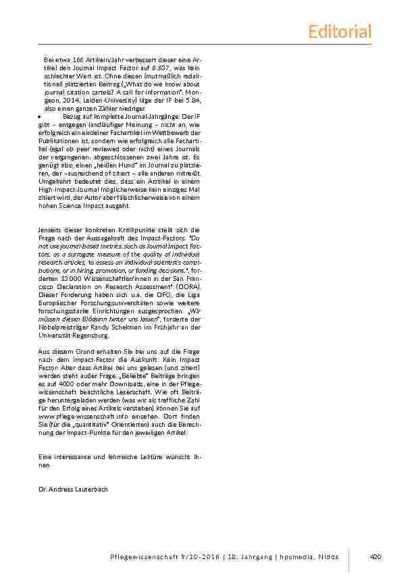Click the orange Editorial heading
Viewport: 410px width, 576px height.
(339, 31)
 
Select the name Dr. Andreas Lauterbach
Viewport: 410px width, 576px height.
(73, 488)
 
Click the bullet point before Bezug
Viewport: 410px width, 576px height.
(39, 116)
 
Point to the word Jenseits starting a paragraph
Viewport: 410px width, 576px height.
(51, 230)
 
